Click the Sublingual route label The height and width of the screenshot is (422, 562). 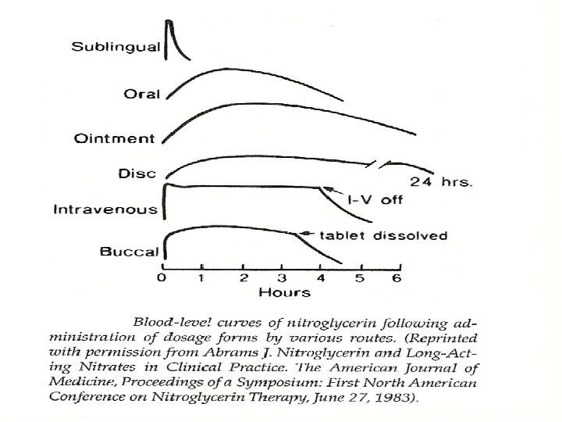pos(116,47)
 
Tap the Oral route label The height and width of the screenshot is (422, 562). pos(142,94)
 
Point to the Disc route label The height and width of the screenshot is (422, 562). pos(138,173)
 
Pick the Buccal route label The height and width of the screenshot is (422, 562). pos(130,252)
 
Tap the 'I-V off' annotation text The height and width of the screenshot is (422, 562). pos(375,200)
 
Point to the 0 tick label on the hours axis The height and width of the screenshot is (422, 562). pos(162,278)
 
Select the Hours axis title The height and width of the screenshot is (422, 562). pos(284,293)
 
